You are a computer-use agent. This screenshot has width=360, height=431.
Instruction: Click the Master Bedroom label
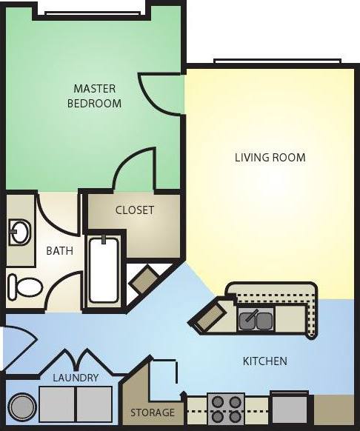[94, 96]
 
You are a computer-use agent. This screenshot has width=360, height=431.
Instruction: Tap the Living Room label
[270, 157]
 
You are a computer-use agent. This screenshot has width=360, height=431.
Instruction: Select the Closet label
[135, 210]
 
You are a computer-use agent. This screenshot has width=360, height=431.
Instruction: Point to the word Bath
[60, 250]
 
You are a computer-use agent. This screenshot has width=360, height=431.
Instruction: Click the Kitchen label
[264, 361]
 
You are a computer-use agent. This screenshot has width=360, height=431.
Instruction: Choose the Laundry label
[76, 378]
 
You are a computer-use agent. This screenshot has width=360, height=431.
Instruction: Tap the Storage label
[153, 412]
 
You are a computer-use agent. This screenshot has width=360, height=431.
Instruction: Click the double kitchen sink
[256, 320]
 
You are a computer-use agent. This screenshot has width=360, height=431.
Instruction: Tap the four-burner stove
[225, 408]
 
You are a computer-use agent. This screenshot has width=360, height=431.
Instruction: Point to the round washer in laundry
[22, 407]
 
